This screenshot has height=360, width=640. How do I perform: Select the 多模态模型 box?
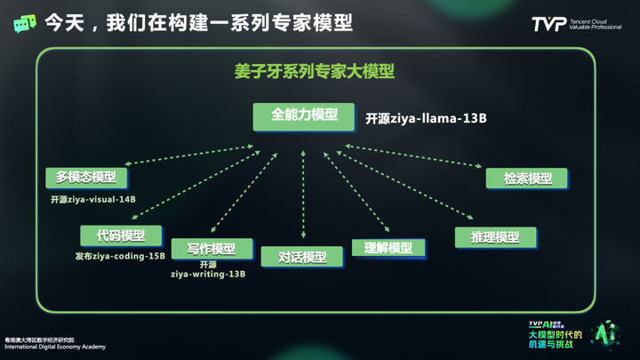(x=86, y=177)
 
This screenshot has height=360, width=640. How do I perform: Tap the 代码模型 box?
(x=121, y=236)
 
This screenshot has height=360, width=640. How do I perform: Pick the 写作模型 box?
(x=211, y=248)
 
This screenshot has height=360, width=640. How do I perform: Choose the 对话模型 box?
(x=303, y=258)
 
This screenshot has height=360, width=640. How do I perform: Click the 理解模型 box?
(x=382, y=248)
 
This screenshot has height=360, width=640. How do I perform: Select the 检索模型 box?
(x=527, y=178)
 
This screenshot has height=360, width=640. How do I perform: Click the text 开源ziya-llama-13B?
(x=427, y=118)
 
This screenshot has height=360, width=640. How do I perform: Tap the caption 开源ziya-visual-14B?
(x=93, y=199)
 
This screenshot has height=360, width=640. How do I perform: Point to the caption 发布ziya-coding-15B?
(x=120, y=256)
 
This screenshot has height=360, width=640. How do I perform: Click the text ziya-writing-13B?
(x=208, y=274)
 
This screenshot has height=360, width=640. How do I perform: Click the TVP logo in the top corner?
(x=544, y=23)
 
